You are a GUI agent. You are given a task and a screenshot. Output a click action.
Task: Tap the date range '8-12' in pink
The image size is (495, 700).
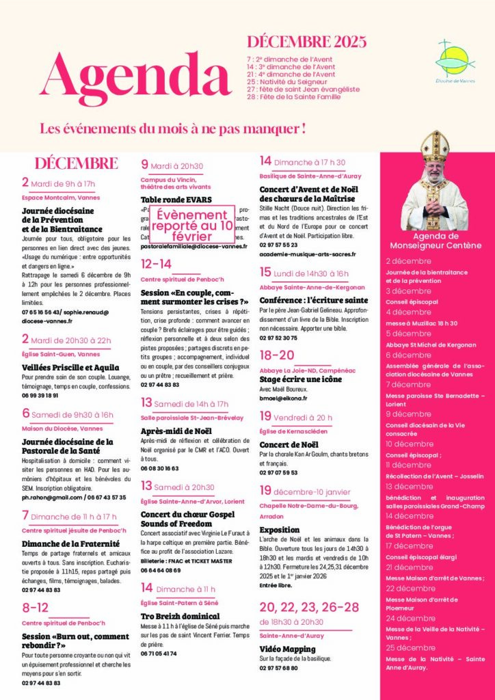pos(35,607)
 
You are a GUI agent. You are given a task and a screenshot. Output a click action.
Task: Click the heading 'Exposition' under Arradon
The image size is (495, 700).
pos(279,529)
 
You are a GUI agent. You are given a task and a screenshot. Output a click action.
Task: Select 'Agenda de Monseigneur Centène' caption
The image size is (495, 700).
pos(434,241)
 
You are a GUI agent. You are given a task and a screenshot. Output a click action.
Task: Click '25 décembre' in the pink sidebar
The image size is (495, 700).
pos(411,647)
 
